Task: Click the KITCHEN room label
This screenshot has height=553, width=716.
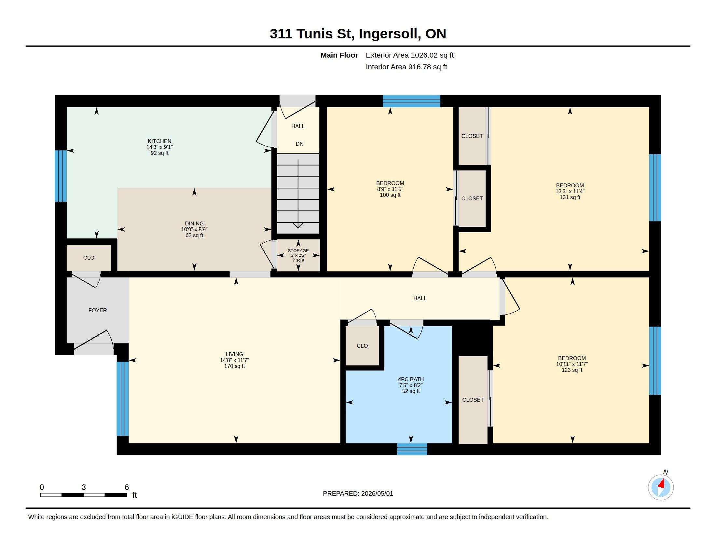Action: [x=159, y=141]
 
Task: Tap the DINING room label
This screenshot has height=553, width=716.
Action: [x=194, y=223]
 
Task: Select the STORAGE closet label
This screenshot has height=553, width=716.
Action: [x=298, y=250]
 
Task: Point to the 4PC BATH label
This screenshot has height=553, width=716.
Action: [x=411, y=379]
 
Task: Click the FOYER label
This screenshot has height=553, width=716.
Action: [x=97, y=310]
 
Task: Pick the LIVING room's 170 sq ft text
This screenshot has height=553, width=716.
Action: [x=234, y=366]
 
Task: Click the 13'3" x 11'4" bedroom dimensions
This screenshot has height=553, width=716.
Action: [x=570, y=191]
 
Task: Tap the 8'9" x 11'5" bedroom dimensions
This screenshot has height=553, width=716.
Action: [x=390, y=189]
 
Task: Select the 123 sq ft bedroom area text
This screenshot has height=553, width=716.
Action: [x=572, y=370]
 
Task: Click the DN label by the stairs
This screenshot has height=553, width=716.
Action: [x=299, y=144]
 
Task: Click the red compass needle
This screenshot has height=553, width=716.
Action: [x=662, y=483]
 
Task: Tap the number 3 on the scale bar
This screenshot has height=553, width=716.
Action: [x=84, y=487]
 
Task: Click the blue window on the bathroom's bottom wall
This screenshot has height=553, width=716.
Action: [x=412, y=449]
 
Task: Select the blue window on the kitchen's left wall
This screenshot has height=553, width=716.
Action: [x=61, y=176]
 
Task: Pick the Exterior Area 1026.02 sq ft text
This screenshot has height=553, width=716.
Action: [x=409, y=55]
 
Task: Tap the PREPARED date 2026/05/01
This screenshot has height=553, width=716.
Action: [x=377, y=493]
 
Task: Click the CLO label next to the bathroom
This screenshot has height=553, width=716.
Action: [x=362, y=345]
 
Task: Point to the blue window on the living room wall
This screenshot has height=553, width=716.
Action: [x=123, y=399]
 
